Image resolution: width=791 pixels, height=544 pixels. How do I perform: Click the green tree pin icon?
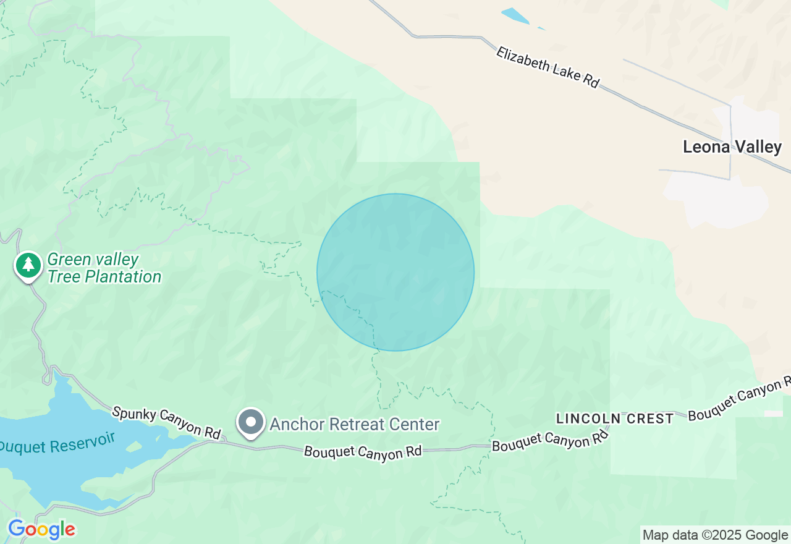28,265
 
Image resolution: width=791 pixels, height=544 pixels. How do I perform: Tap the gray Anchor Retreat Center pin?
251,422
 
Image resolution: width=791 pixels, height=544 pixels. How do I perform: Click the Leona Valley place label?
732,147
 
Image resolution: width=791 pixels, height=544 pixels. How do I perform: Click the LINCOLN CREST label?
614,419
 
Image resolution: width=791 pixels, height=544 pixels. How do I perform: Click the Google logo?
41,530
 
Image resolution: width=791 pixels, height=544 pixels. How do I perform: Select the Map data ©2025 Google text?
715,535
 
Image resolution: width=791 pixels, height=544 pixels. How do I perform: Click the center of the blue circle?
395,272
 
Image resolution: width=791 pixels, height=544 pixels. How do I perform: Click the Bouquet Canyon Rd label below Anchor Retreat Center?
363,452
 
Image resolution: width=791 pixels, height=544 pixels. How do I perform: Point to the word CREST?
648,419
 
